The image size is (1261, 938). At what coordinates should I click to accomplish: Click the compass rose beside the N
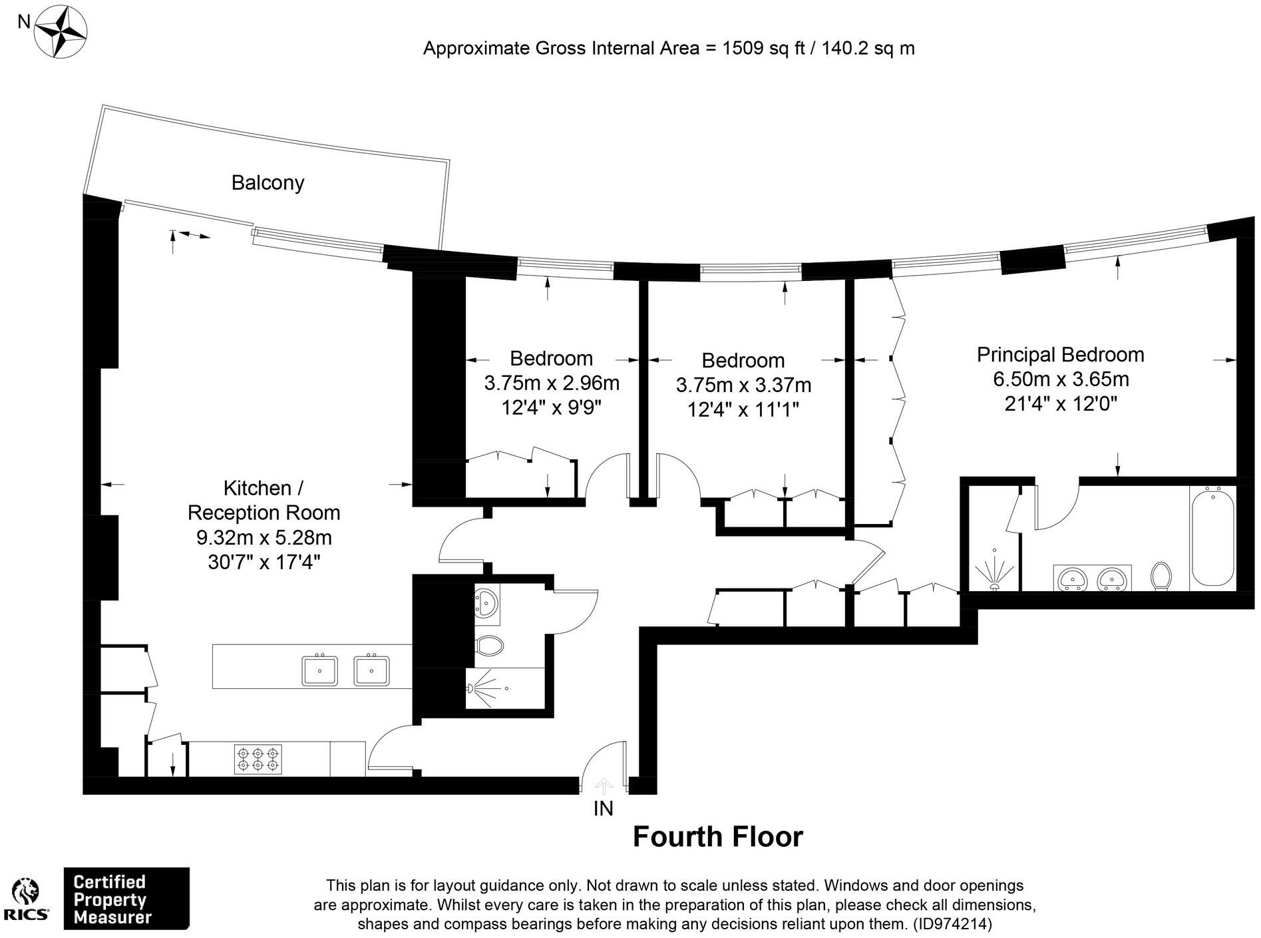[61, 31]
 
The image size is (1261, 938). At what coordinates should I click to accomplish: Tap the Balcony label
[268, 182]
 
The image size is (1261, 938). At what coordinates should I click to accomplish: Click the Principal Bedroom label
[1060, 354]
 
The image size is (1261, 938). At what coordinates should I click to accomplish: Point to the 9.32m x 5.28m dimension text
[264, 537]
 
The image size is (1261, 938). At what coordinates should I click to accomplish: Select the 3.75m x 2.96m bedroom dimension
[552, 383]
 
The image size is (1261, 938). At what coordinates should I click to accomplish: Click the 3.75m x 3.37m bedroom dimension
[743, 385]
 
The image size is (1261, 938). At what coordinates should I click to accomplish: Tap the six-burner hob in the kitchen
[258, 759]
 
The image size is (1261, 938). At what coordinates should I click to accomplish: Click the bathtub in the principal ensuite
[1212, 537]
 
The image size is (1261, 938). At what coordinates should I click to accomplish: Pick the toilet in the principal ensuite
[1161, 576]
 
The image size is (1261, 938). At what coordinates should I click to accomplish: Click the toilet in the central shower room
[490, 645]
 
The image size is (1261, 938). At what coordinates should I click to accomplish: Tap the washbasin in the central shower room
[486, 603]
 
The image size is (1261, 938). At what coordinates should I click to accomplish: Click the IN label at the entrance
[603, 808]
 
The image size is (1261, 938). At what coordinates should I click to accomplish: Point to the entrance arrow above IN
[604, 786]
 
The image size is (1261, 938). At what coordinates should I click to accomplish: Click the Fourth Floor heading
[717, 837]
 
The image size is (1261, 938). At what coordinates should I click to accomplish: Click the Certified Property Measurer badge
[126, 899]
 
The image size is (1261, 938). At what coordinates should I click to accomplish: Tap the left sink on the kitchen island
[319, 670]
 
